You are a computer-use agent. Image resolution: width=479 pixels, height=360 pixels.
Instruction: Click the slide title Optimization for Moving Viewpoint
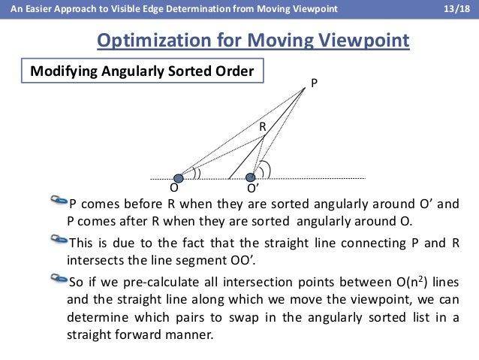click(x=254, y=39)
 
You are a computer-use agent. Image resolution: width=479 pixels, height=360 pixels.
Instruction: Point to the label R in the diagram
click(x=263, y=128)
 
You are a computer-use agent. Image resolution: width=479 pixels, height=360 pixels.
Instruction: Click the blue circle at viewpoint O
click(x=179, y=178)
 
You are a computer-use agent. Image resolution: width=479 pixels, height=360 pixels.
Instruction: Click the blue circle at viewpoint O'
click(x=250, y=178)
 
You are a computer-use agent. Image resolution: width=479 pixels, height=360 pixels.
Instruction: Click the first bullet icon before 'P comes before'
click(x=59, y=201)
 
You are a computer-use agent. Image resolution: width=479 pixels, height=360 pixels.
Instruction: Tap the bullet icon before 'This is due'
click(x=59, y=241)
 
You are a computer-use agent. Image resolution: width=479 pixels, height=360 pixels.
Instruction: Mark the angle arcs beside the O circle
click(x=197, y=173)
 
